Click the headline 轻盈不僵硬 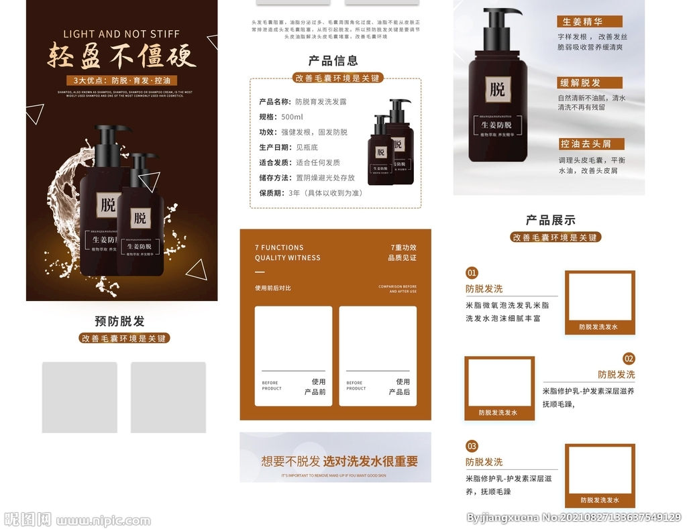tap(121, 56)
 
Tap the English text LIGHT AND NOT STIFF tap(121, 34)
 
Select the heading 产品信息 tap(333, 61)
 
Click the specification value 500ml tap(292, 117)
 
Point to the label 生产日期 tap(275, 148)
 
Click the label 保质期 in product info tap(272, 193)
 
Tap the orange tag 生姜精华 tap(582, 22)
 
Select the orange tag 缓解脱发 tap(580, 83)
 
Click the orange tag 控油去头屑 tap(586, 144)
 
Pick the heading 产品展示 tap(550, 220)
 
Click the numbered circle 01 tap(472, 273)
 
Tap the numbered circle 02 tap(629, 359)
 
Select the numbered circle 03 tap(472, 446)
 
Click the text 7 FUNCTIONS tap(279, 247)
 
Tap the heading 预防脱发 tap(119, 321)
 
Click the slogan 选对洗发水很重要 tap(370, 461)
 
